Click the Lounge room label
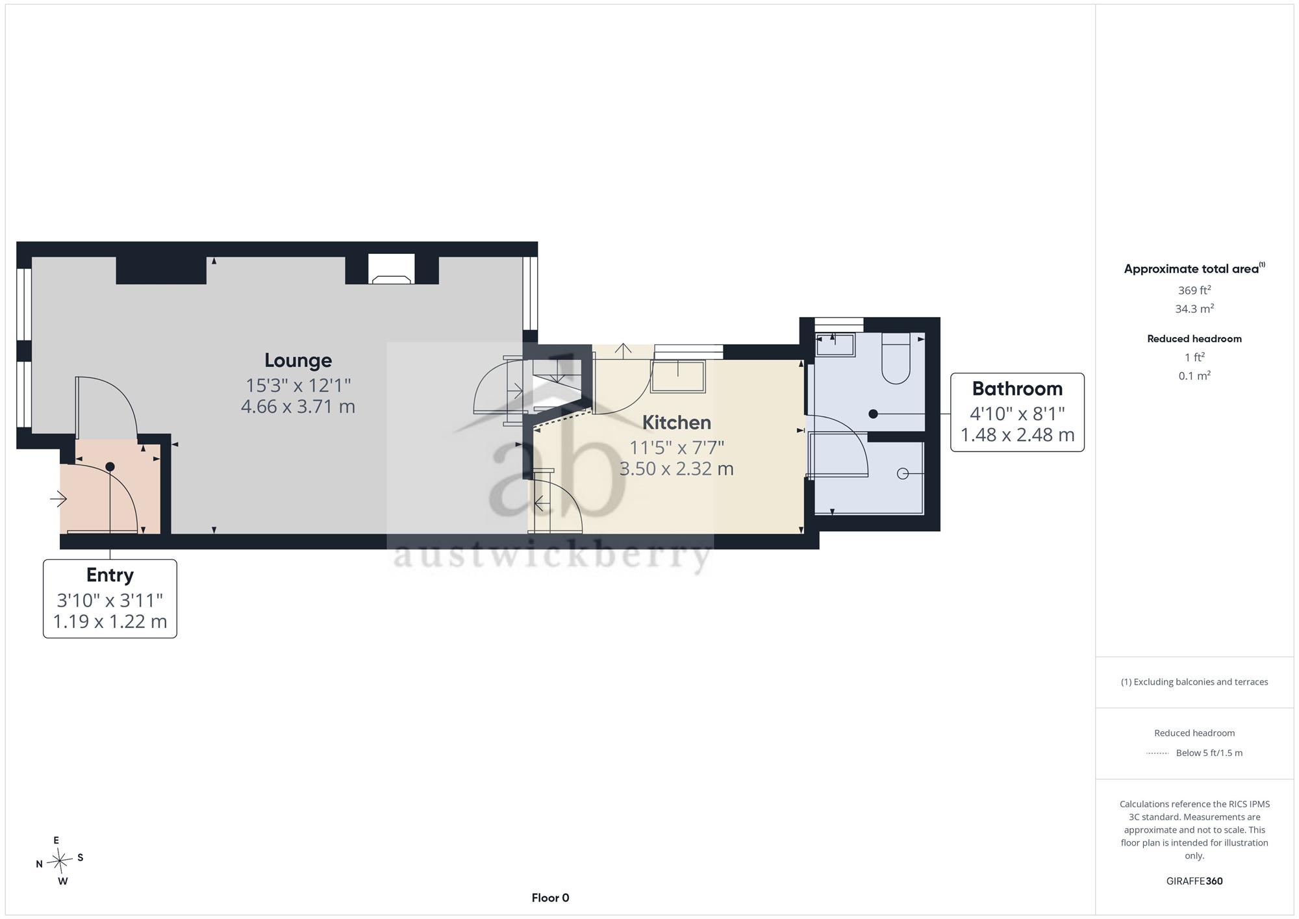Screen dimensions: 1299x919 pyautogui.click(x=298, y=360)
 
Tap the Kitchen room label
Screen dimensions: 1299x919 pyautogui.click(x=677, y=423)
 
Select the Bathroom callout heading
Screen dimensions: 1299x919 pyautogui.click(x=1017, y=389)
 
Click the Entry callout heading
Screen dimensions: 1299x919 pyautogui.click(x=110, y=575)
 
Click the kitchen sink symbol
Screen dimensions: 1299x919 pyautogui.click(x=678, y=377)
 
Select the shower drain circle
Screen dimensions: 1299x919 pyautogui.click(x=902, y=474)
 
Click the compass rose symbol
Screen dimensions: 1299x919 pyautogui.click(x=60, y=861)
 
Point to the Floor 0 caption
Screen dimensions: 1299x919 pyautogui.click(x=550, y=898)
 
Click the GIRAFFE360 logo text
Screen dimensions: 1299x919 pyautogui.click(x=1194, y=881)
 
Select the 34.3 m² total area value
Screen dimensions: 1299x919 pyautogui.click(x=1194, y=309)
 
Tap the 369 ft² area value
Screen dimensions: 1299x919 pyautogui.click(x=1194, y=291)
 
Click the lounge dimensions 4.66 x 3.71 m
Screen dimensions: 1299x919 pyautogui.click(x=298, y=407)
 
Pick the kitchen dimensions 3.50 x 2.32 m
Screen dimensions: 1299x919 pyautogui.click(x=677, y=469)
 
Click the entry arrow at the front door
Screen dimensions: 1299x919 pyautogui.click(x=58, y=499)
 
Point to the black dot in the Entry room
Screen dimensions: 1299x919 pyautogui.click(x=110, y=467)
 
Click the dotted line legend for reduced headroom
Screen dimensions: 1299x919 pyautogui.click(x=1157, y=753)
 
